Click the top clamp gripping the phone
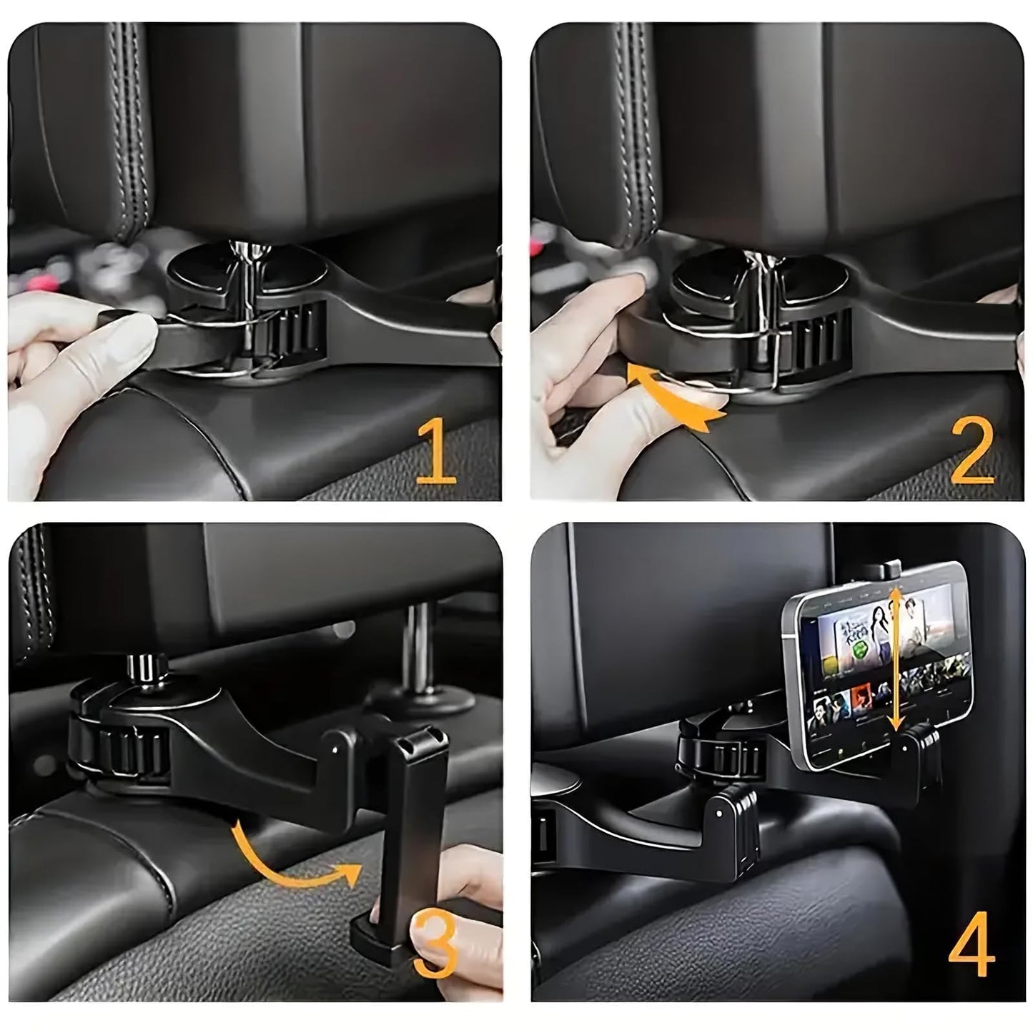pyautogui.click(x=881, y=570)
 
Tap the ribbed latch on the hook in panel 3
pyautogui.click(x=129, y=754)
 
